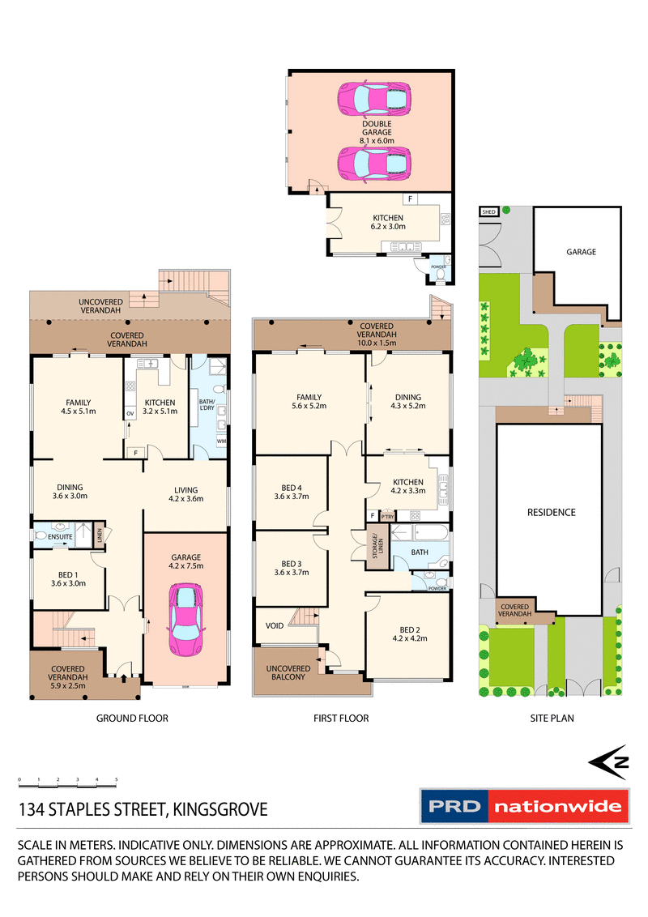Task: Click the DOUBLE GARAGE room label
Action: tap(377, 128)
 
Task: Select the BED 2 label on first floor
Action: tap(409, 629)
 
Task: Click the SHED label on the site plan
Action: tap(488, 212)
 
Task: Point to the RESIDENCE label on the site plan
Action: tap(551, 512)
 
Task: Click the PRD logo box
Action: tap(454, 806)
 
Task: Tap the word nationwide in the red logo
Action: tap(559, 806)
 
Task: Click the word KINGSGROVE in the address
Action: tap(218, 809)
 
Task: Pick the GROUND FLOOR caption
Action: tap(132, 718)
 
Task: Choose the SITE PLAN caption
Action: tap(551, 718)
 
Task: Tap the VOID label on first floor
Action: tap(275, 625)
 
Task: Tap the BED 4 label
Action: tap(290, 492)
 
